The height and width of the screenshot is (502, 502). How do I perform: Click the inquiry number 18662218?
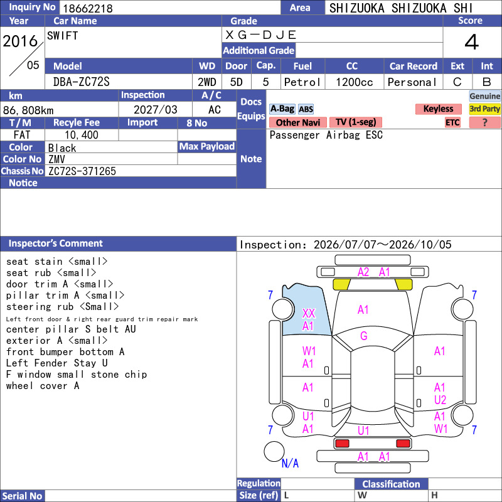(88, 8)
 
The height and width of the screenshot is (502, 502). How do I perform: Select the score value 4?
(472, 42)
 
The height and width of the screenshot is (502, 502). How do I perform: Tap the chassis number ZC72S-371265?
(82, 171)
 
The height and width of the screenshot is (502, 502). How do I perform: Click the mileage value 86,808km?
(28, 110)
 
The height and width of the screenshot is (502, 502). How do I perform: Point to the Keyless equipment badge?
(438, 109)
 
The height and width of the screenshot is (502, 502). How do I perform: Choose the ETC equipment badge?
(452, 122)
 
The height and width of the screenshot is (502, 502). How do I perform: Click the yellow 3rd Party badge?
(484, 109)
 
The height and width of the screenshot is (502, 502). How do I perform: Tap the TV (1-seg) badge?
(356, 122)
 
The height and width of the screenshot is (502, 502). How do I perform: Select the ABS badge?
(306, 109)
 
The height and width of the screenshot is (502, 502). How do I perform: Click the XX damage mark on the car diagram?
(309, 313)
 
